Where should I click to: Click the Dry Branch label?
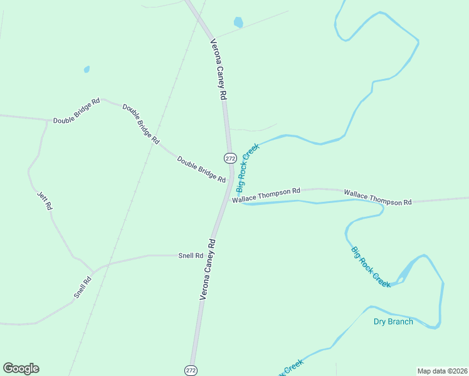click(x=393, y=321)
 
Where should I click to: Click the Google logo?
click(x=21, y=368)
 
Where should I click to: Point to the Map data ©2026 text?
click(x=441, y=370)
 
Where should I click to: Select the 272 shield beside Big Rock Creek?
click(x=230, y=157)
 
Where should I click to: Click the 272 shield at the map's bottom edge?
click(x=191, y=370)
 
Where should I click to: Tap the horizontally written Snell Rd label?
click(x=191, y=256)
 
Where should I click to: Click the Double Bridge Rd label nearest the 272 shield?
click(x=201, y=169)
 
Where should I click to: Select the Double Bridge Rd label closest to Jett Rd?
click(x=76, y=111)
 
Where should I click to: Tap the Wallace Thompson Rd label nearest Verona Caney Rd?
click(x=266, y=195)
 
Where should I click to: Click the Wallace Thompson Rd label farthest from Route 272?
click(x=377, y=198)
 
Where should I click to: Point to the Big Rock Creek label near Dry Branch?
click(x=371, y=267)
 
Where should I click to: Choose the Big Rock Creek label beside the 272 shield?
click(x=247, y=167)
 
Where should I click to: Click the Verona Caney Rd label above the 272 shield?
click(x=218, y=70)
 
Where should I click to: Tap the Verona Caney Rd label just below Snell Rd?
click(x=208, y=269)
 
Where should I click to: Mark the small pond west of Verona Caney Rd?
click(x=87, y=69)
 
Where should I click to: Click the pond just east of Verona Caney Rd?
click(x=238, y=23)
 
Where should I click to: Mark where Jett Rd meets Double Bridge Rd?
click(x=47, y=120)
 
